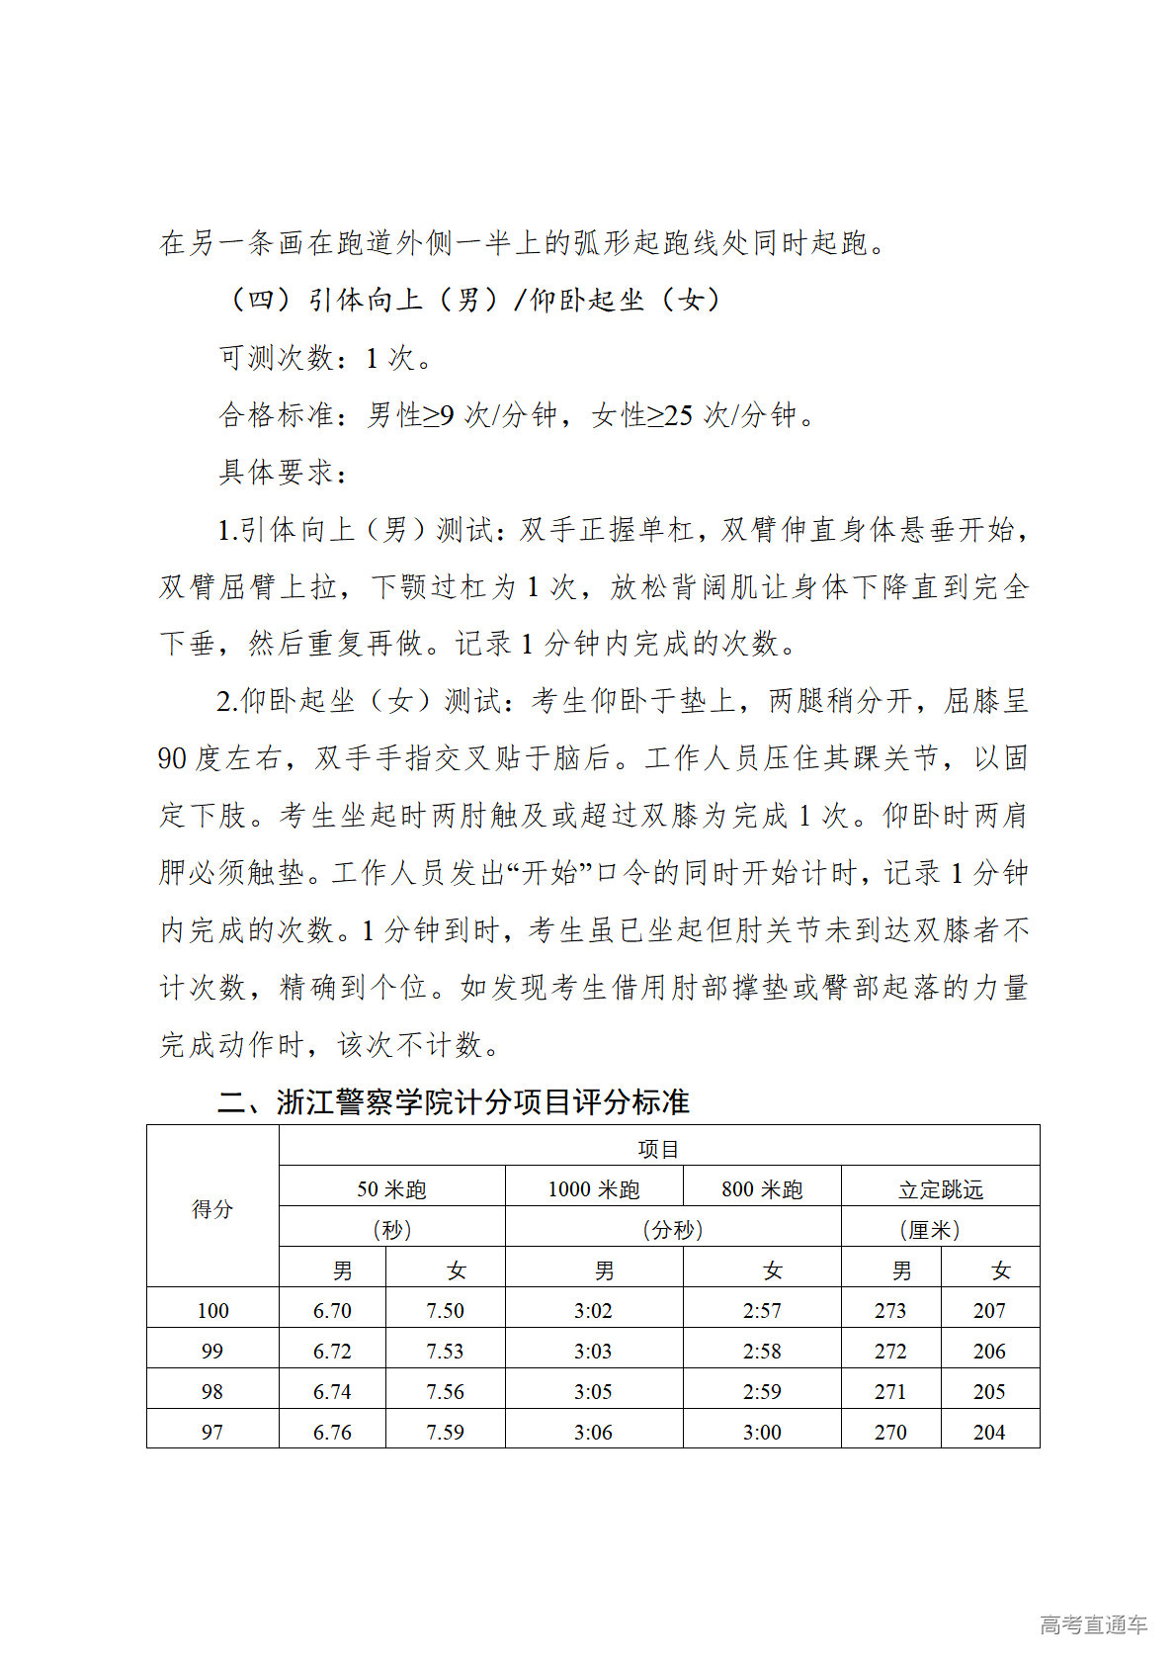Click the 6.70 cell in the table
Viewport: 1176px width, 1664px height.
point(332,1310)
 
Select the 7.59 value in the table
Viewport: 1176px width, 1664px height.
point(445,1432)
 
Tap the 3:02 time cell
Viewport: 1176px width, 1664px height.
point(593,1310)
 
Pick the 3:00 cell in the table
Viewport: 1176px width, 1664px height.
point(762,1432)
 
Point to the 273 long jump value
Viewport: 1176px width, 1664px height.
point(890,1310)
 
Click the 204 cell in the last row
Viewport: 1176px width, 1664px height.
point(989,1432)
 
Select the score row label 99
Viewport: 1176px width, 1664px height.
point(212,1351)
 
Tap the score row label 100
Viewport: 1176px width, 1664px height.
point(212,1310)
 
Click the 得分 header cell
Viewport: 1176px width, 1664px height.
point(212,1208)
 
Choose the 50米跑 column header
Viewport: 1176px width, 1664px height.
point(391,1189)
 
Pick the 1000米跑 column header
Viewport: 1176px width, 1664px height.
point(594,1189)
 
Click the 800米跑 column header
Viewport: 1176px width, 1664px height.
point(762,1189)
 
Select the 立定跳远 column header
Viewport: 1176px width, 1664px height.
point(941,1189)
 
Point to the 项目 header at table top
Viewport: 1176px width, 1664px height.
point(659,1149)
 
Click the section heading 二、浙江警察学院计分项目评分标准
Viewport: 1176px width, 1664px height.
point(454,1101)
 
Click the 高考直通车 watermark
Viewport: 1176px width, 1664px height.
point(1093,1624)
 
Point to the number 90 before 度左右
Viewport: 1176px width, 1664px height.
point(173,758)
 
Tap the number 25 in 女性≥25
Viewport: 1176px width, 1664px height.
point(678,415)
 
